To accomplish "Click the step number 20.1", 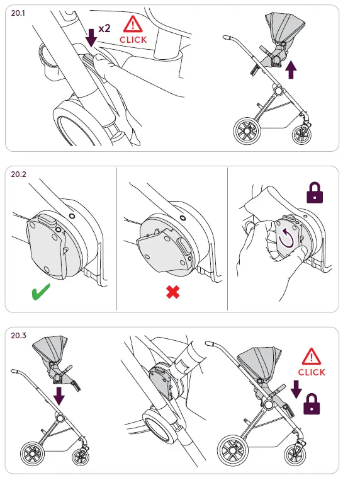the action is pyautogui.click(x=18, y=13).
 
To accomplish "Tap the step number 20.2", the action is pyautogui.click(x=18, y=174).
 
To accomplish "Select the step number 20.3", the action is pyautogui.click(x=18, y=336).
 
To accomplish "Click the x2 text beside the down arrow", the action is pyautogui.click(x=104, y=28).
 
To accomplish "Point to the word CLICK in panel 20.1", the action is pyautogui.click(x=133, y=40).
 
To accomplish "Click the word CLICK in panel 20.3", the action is pyautogui.click(x=312, y=372).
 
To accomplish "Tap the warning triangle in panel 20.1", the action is pyautogui.click(x=133, y=25).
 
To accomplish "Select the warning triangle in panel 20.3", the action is pyautogui.click(x=312, y=357).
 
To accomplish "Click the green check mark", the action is pyautogui.click(x=41, y=291).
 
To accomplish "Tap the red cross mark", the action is pyautogui.click(x=173, y=292).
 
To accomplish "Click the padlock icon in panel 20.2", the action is pyautogui.click(x=315, y=193).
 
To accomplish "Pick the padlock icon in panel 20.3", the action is pyautogui.click(x=312, y=404).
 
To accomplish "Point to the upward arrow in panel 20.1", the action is pyautogui.click(x=291, y=70).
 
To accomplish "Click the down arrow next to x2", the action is pyautogui.click(x=91, y=38).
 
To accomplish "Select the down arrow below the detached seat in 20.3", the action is pyautogui.click(x=59, y=396).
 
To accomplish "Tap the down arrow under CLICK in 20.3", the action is pyautogui.click(x=296, y=389).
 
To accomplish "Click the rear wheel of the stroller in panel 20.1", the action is pyautogui.click(x=247, y=131).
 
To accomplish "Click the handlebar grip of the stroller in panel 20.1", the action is pyautogui.click(x=227, y=38).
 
